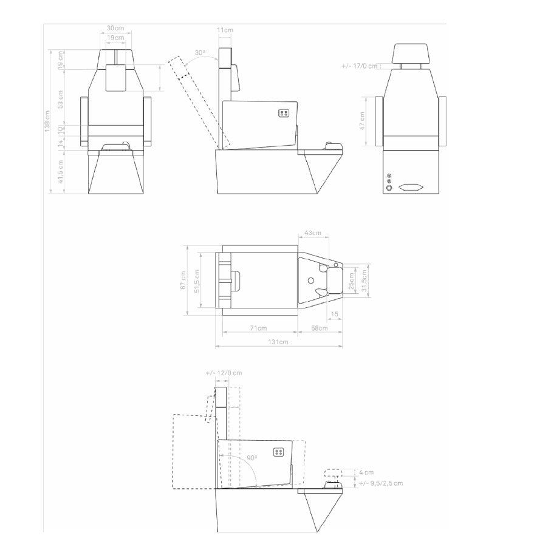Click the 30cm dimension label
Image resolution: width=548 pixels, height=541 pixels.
[x=115, y=28]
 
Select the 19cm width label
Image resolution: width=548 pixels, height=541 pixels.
[x=115, y=38]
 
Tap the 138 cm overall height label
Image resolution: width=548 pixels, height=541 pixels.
[x=47, y=121]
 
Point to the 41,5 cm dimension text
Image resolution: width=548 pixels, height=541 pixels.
[x=61, y=172]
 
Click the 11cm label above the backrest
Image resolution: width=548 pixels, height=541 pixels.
[x=225, y=30]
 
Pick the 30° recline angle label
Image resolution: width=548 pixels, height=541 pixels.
[x=200, y=53]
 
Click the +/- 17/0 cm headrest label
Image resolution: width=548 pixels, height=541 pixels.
[x=360, y=66]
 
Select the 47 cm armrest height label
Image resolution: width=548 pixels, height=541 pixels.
[x=362, y=121]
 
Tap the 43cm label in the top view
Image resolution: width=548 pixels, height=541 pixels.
[x=313, y=233]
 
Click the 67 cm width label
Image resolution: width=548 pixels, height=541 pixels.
[x=183, y=280]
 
